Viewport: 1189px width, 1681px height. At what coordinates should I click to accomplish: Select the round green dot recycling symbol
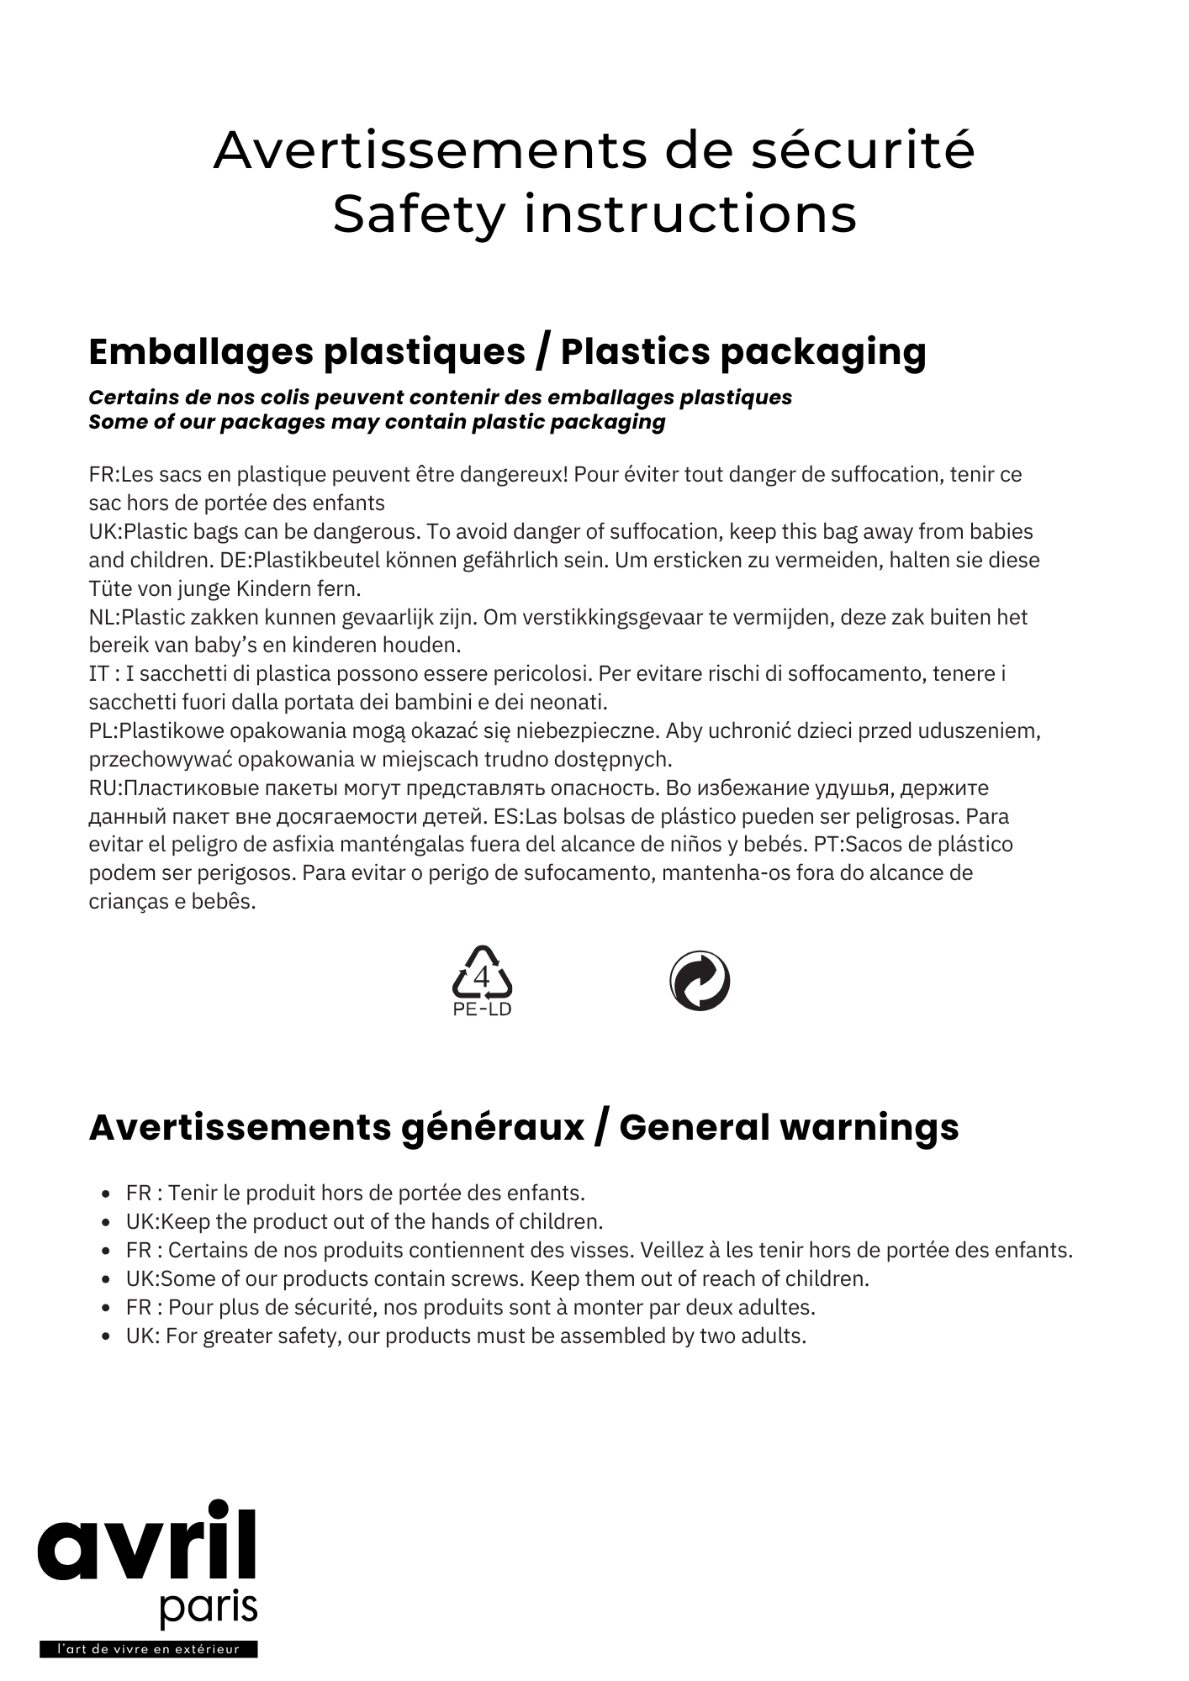(x=699, y=981)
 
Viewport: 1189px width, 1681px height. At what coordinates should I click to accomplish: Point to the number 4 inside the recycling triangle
(x=482, y=977)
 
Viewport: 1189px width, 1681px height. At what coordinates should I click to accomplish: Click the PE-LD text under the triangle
(x=482, y=1009)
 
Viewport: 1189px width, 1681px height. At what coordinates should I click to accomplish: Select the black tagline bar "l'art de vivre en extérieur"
(x=148, y=1649)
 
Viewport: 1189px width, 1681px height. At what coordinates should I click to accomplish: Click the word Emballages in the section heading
(x=200, y=352)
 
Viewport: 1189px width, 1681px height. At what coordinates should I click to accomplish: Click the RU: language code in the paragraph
(x=106, y=788)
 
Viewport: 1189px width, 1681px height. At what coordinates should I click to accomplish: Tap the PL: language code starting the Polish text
(x=104, y=731)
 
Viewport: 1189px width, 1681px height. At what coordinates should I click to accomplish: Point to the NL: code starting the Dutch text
(x=104, y=618)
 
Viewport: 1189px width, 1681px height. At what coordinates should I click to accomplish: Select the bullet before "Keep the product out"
(x=106, y=1222)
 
